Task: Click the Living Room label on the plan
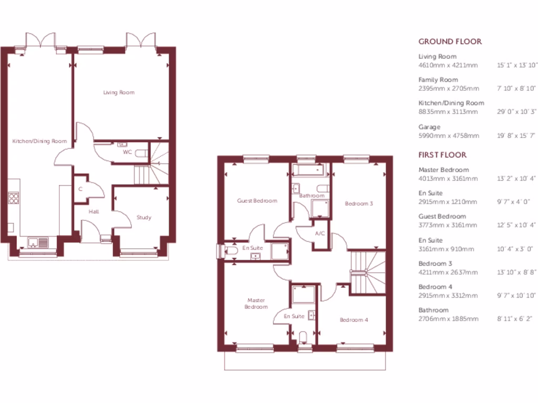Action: coord(118,92)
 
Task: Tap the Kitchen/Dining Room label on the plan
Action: coord(40,141)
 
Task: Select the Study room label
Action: coord(143,217)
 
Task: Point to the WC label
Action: coord(127,152)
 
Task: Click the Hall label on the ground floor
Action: coord(94,211)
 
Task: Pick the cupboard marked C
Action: coord(80,189)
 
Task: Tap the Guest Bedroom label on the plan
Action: coord(257,200)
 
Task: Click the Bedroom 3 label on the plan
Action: coord(358,203)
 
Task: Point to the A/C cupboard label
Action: coord(319,234)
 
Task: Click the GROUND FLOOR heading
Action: coord(450,41)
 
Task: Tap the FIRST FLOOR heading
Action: coord(442,155)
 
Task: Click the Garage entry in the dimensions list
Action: coord(429,127)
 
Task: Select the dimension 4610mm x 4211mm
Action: coord(448,65)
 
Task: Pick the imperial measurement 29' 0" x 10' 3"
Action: coord(517,112)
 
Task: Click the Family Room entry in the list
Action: coord(438,80)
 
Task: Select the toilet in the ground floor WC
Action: coord(140,153)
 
